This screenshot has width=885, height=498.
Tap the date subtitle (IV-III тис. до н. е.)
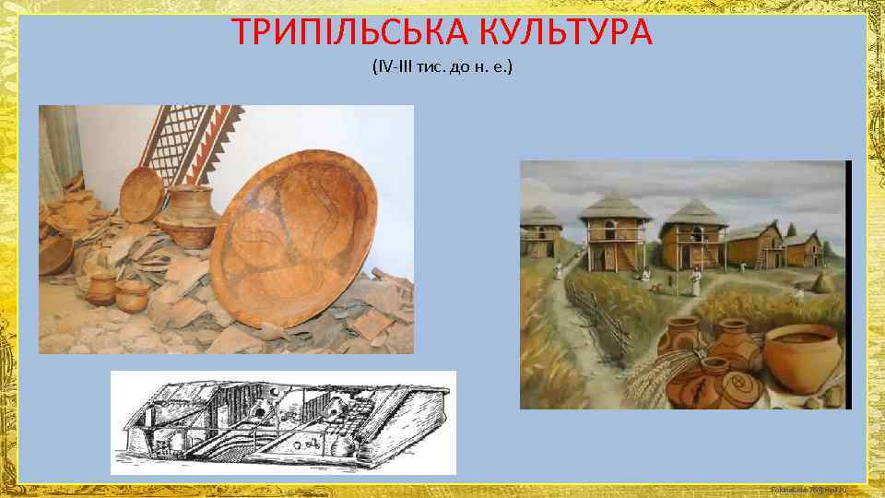pyautogui.click(x=442, y=68)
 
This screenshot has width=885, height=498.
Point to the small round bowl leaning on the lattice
pyautogui.click(x=140, y=194)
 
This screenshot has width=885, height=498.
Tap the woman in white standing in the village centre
pyautogui.click(x=698, y=280)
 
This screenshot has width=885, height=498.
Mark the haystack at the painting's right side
pyautogui.click(x=820, y=280)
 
